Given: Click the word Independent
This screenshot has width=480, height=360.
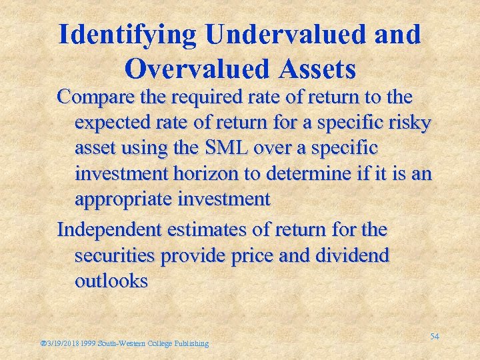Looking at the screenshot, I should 110,230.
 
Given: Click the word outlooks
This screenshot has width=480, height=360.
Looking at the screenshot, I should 111,281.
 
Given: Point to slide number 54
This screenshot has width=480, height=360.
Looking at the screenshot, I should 434,337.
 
